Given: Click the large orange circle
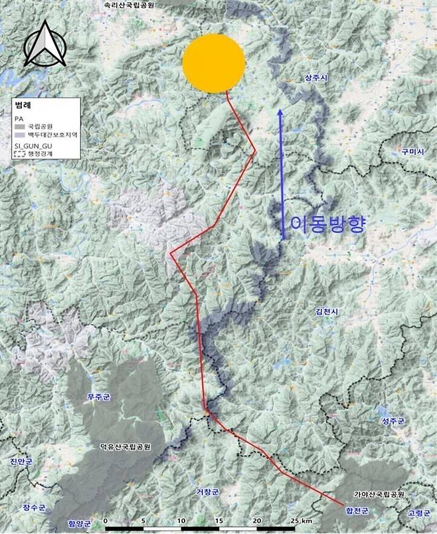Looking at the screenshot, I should [214, 63].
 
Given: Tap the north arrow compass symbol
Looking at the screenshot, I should [45, 44].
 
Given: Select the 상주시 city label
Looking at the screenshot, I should [312, 77].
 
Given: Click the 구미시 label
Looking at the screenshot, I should [412, 151].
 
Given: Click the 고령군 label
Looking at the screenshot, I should [420, 513].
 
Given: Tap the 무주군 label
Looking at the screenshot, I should [97, 397].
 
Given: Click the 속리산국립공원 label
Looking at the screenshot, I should [129, 5].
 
